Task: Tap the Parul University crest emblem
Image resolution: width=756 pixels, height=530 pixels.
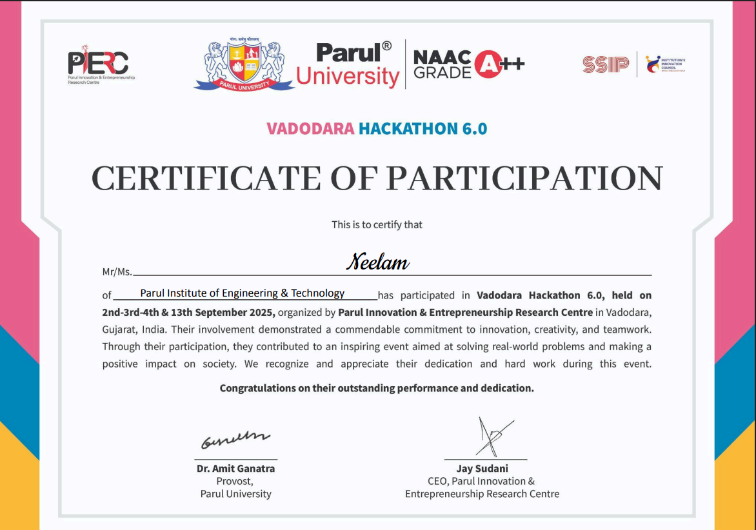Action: pyautogui.click(x=244, y=64)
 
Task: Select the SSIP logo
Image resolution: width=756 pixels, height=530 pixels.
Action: pyautogui.click(x=605, y=64)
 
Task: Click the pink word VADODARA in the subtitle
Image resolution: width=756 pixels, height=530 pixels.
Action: pyautogui.click(x=310, y=128)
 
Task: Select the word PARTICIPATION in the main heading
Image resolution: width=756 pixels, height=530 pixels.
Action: pyautogui.click(x=524, y=179)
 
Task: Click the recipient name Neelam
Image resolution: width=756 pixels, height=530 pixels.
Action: pyautogui.click(x=377, y=262)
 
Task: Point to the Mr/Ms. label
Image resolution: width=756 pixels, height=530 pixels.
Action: pyautogui.click(x=117, y=272)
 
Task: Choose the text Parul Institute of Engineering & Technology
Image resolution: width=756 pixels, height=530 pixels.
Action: pyautogui.click(x=243, y=293)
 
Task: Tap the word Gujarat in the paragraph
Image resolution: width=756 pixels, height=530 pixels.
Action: pyautogui.click(x=118, y=329)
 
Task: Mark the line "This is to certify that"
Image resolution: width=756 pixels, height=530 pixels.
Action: pyautogui.click(x=377, y=224)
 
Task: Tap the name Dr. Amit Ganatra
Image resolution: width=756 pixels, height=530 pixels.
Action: pyautogui.click(x=235, y=469)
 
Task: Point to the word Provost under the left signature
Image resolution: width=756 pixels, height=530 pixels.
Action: pyautogui.click(x=234, y=481)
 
